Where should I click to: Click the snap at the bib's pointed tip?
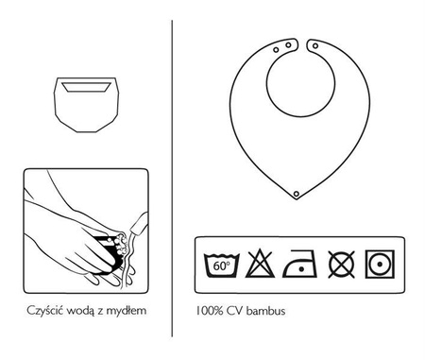(x=296, y=194)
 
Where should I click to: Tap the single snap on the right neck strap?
(x=315, y=46)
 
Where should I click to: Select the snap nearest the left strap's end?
(x=288, y=45)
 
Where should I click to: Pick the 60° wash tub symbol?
(x=222, y=265)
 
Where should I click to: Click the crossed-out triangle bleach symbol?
(x=260, y=264)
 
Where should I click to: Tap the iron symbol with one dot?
(x=299, y=264)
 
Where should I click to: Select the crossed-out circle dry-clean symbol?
(x=341, y=265)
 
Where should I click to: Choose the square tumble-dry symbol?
(x=380, y=264)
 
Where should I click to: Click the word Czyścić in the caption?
(x=45, y=311)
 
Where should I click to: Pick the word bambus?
(x=266, y=311)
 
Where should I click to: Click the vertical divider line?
(x=172, y=179)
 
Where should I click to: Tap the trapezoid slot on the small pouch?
(x=86, y=87)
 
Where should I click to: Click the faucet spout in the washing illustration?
(x=140, y=224)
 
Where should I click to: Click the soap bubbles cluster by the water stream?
(x=121, y=243)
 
